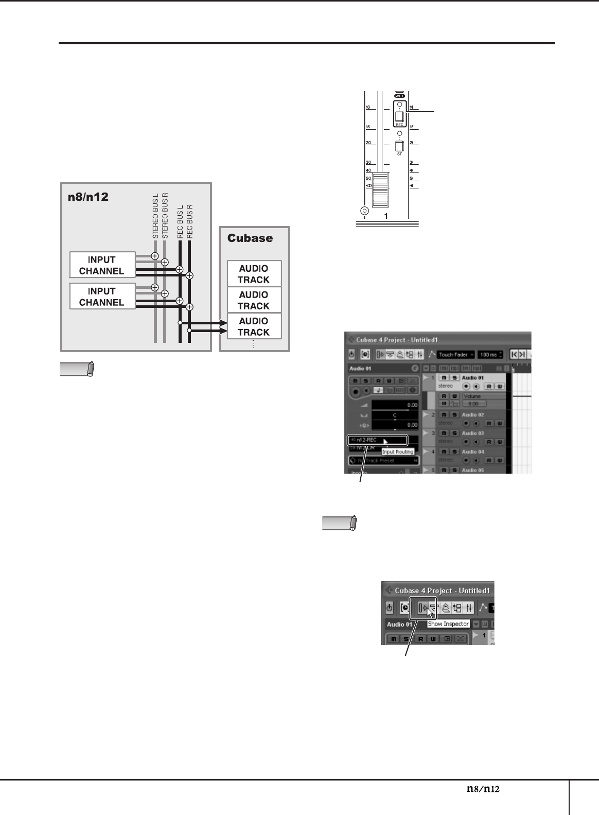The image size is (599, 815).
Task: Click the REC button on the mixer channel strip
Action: pyautogui.click(x=399, y=117)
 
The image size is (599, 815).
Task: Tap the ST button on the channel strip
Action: pyautogui.click(x=399, y=146)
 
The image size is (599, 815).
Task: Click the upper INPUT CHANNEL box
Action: pyautogui.click(x=102, y=265)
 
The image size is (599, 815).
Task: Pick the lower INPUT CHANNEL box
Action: pyautogui.click(x=102, y=297)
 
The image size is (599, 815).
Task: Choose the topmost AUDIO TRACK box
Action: pyautogui.click(x=254, y=274)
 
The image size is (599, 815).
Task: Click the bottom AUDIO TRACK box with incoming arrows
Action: pyautogui.click(x=254, y=326)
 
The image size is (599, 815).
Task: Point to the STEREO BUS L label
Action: pyautogui.click(x=155, y=216)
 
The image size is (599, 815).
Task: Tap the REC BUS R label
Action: pyautogui.click(x=190, y=220)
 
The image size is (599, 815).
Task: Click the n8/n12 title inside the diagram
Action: pyautogui.click(x=88, y=197)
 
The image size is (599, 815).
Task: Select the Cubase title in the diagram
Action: pyautogui.click(x=250, y=238)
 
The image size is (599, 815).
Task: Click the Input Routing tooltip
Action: pyautogui.click(x=398, y=452)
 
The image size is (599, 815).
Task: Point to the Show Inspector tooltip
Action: pyautogui.click(x=448, y=624)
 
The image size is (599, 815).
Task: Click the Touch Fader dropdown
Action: pyautogui.click(x=455, y=355)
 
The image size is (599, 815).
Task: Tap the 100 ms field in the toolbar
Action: pyautogui.click(x=490, y=355)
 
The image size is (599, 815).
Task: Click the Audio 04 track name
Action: pyautogui.click(x=472, y=452)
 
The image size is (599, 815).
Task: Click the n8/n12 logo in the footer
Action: pyautogui.click(x=483, y=788)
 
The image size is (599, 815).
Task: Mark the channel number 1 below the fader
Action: pyautogui.click(x=386, y=216)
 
